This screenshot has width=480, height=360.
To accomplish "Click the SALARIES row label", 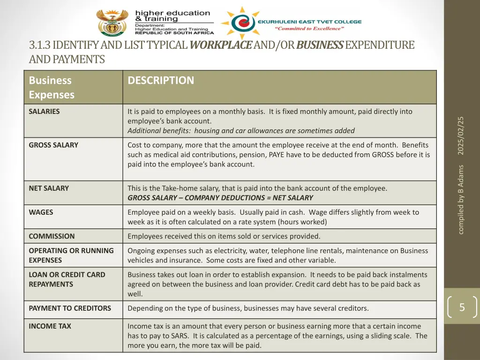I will pyautogui.click(x=44, y=112).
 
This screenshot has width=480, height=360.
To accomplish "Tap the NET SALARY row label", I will pyautogui.click(x=49, y=188).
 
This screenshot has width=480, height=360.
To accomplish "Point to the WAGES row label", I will pyautogui.click(x=41, y=212).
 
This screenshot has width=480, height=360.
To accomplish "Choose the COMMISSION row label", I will pyautogui.click(x=52, y=236).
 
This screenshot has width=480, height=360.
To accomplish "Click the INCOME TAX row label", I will pyautogui.click(x=50, y=326).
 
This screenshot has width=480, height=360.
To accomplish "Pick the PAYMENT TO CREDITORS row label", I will pyautogui.click(x=70, y=308).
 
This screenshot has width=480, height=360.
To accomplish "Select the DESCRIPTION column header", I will pyautogui.click(x=161, y=80).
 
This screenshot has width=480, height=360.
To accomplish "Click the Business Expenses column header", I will pyautogui.click(x=52, y=87).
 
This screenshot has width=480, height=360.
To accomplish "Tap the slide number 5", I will pyautogui.click(x=462, y=307).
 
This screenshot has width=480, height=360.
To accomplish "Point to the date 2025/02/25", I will pyautogui.click(x=461, y=135).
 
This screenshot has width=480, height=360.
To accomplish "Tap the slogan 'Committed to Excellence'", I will pyautogui.click(x=309, y=29).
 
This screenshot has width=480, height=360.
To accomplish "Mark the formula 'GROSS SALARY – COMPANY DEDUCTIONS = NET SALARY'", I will pyautogui.click(x=220, y=198).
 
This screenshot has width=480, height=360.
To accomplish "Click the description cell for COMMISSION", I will pyautogui.click(x=224, y=236).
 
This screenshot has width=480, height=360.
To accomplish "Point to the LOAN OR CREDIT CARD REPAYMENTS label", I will pyautogui.click(x=67, y=279).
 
